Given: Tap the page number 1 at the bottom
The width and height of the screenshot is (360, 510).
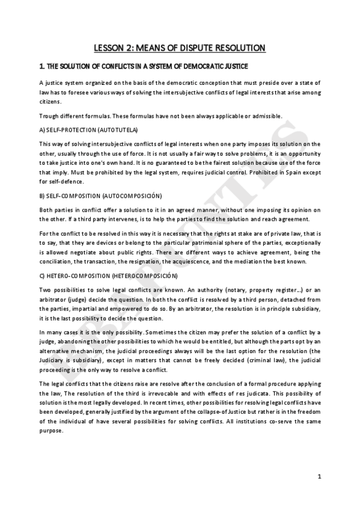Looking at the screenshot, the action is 320,477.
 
